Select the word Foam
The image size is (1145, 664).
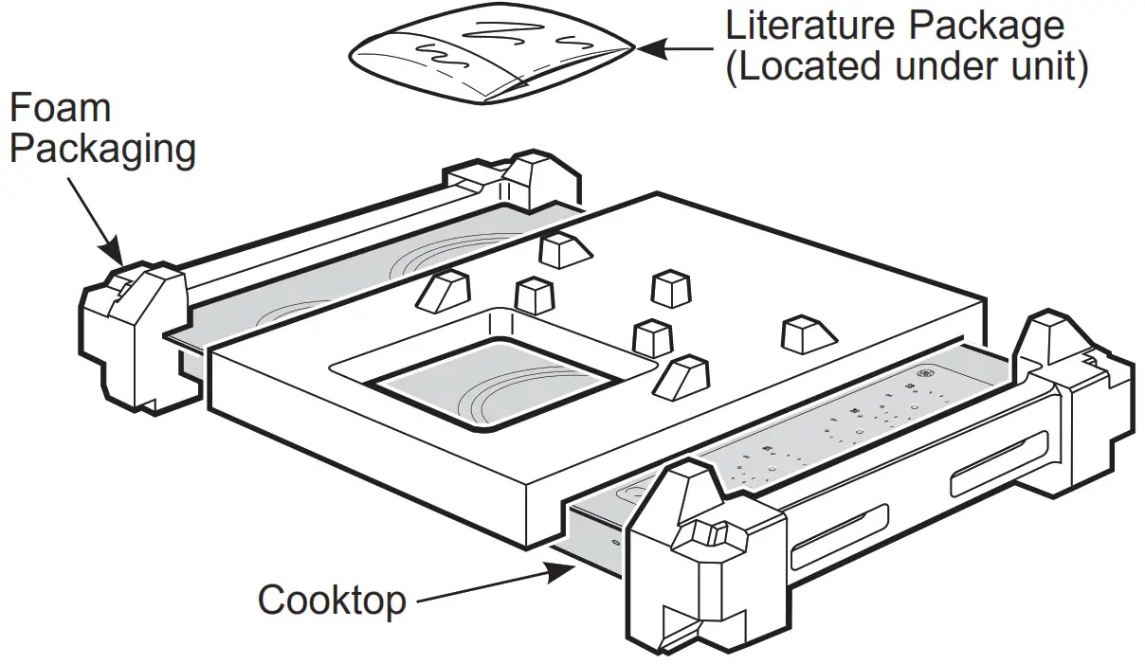pyautogui.click(x=61, y=107)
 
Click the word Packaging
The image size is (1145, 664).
pyautogui.click(x=102, y=151)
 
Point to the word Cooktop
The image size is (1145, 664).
pyautogui.click(x=333, y=600)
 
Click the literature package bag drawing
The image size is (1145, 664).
pyautogui.click(x=492, y=53)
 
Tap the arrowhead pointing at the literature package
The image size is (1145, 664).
pyautogui.click(x=650, y=49)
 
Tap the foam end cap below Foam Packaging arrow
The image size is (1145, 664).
pyautogui.click(x=137, y=336)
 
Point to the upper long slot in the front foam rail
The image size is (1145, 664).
pyautogui.click(x=1000, y=463)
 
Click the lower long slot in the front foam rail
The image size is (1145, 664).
pyautogui.click(x=840, y=537)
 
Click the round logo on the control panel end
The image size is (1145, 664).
pyautogui.click(x=923, y=373)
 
